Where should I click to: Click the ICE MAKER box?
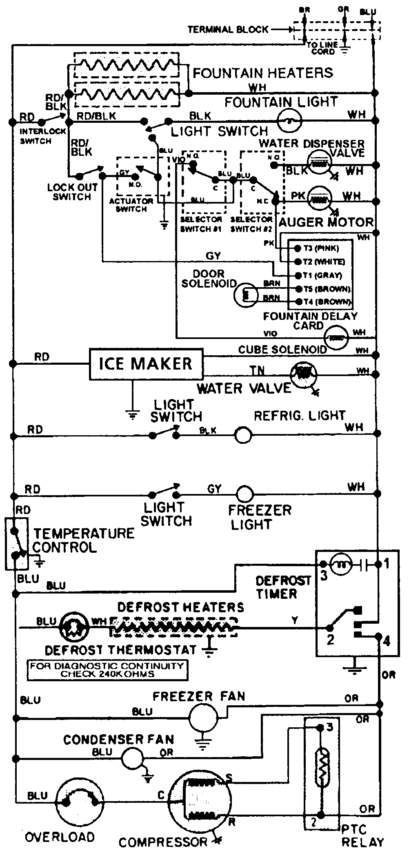click(146, 364)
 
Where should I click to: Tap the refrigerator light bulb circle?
click(243, 435)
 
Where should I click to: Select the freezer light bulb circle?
click(245, 494)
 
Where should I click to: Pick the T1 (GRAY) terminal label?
click(322, 275)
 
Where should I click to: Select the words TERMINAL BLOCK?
click(228, 29)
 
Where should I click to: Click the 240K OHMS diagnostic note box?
click(107, 670)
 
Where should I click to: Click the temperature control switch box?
click(16, 543)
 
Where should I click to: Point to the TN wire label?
click(258, 370)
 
